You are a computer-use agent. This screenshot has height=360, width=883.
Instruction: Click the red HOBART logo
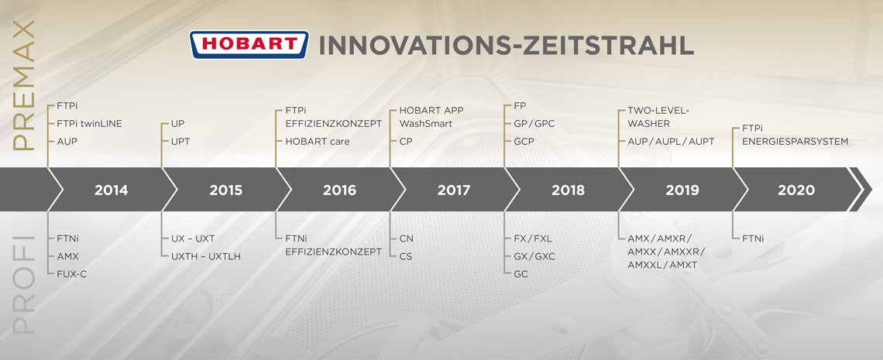click(x=249, y=45)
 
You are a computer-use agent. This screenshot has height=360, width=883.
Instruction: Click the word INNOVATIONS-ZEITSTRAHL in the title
click(x=507, y=46)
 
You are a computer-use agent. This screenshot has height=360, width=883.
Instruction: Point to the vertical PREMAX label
click(x=24, y=85)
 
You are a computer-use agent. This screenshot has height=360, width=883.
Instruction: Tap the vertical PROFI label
click(x=24, y=284)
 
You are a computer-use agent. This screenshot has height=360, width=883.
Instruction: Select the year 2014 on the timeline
click(x=111, y=190)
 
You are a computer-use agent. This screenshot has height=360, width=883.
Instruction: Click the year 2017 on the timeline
click(x=453, y=190)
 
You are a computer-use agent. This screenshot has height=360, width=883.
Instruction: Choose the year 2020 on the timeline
click(x=796, y=190)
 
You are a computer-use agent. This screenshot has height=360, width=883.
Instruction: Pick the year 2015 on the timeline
click(x=226, y=190)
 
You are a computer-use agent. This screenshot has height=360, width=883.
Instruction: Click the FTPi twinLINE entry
click(x=89, y=124)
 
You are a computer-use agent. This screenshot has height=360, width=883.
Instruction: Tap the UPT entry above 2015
click(x=180, y=142)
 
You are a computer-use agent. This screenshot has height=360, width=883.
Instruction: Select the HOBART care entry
click(x=317, y=142)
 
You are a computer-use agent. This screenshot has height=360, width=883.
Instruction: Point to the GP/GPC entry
click(x=534, y=124)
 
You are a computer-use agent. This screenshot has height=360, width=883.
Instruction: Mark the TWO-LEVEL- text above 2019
click(x=658, y=110)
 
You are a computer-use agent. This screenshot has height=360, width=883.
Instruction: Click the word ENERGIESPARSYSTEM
click(x=795, y=142)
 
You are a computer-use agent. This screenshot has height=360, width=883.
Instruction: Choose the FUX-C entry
click(x=71, y=274)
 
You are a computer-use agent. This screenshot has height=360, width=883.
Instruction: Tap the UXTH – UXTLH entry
click(x=205, y=256)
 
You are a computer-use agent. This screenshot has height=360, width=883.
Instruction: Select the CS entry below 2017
click(x=405, y=256)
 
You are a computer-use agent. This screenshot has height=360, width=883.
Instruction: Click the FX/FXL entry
click(x=534, y=238)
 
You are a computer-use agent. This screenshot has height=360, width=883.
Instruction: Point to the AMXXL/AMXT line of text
click(x=662, y=265)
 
